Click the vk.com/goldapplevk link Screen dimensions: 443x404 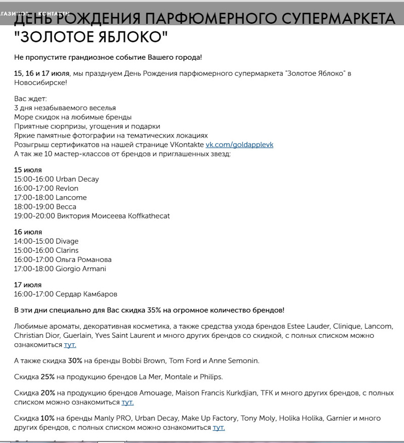point(239,145)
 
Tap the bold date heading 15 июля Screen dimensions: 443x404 point(28,170)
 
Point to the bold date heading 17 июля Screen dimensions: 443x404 point(28,285)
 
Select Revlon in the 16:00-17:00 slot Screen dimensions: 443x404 point(67,188)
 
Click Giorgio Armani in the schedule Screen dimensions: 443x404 point(81,269)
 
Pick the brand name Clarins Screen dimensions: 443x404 point(67,250)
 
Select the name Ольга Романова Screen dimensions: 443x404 point(84,259)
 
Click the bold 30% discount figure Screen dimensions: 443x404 point(75,361)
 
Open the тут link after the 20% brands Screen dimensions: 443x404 point(128,402)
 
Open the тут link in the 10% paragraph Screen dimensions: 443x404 point(219,427)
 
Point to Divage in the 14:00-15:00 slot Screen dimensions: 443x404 point(67,241)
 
